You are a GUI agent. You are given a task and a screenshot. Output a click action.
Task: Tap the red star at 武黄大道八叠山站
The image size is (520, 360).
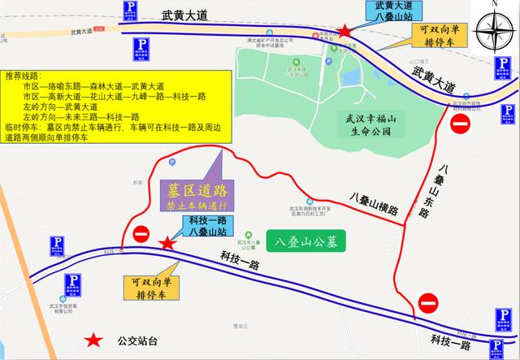(345, 31)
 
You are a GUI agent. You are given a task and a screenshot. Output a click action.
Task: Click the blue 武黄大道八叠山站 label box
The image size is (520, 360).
(393, 12)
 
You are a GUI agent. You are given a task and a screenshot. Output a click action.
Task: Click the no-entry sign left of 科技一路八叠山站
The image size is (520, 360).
(141, 234)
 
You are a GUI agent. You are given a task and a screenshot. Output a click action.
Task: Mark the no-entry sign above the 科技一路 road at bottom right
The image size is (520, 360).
(427, 306)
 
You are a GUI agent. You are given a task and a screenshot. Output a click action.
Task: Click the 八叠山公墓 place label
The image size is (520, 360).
(311, 241)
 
